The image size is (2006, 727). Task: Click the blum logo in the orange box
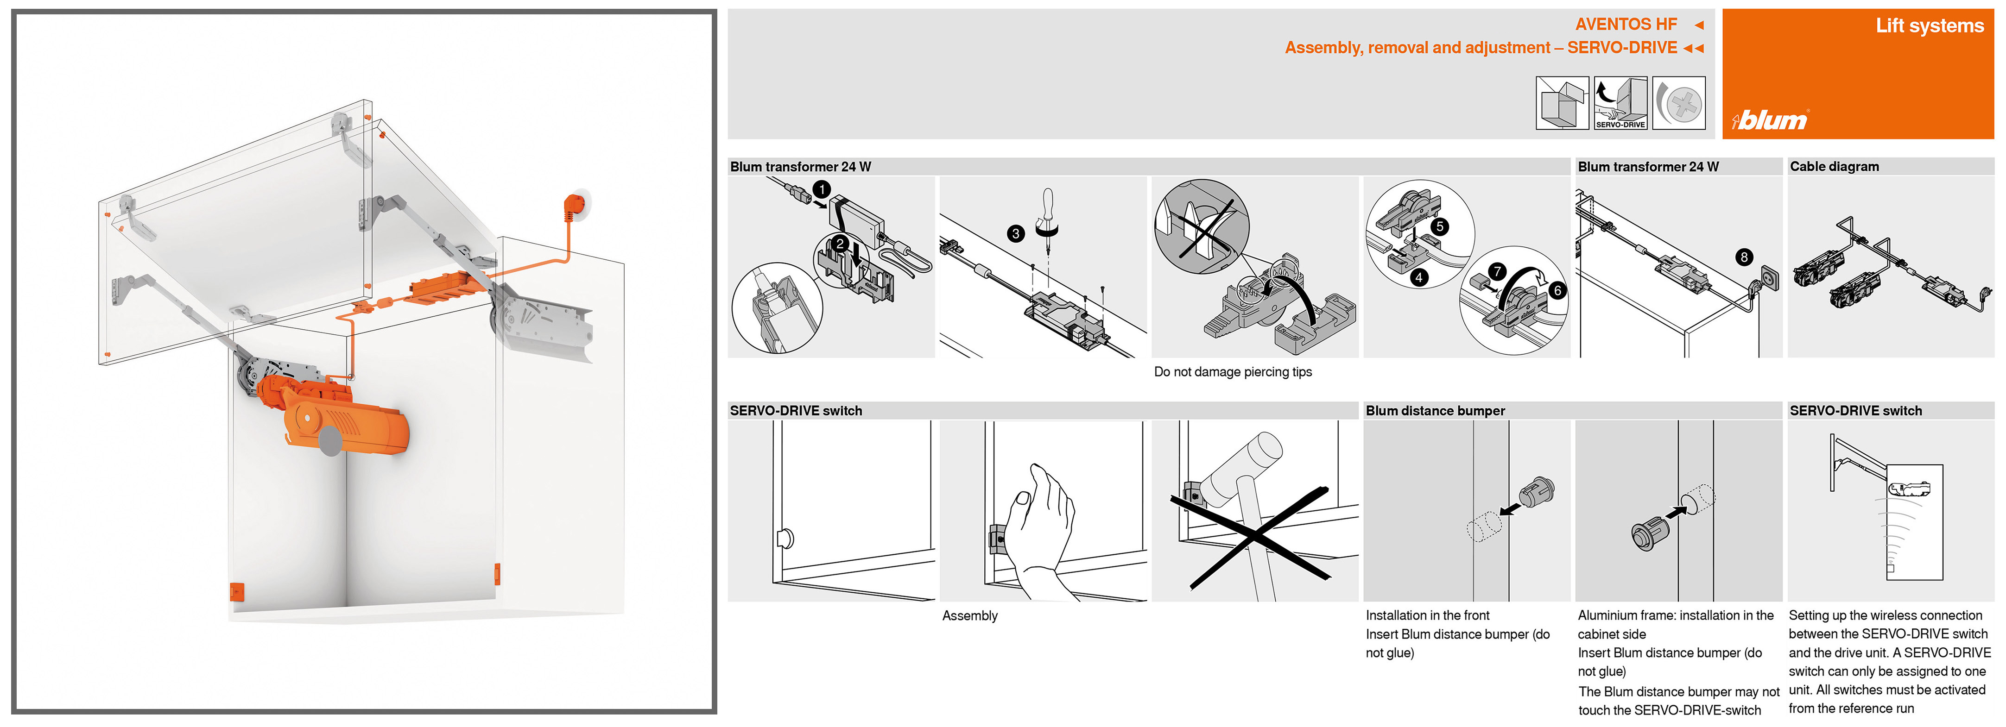point(1769,120)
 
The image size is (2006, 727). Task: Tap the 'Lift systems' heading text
point(1929,25)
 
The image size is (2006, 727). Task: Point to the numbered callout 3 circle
point(1015,233)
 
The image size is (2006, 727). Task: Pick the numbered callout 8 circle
point(1744,257)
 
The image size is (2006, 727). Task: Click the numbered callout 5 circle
point(1440,226)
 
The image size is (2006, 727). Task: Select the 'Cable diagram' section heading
point(1834,167)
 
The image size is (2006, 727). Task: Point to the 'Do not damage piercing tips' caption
point(1232,372)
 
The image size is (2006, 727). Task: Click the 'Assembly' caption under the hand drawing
point(969,616)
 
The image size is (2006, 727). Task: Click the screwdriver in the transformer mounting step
point(1047,214)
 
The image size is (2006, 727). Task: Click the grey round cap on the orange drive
point(330,440)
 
